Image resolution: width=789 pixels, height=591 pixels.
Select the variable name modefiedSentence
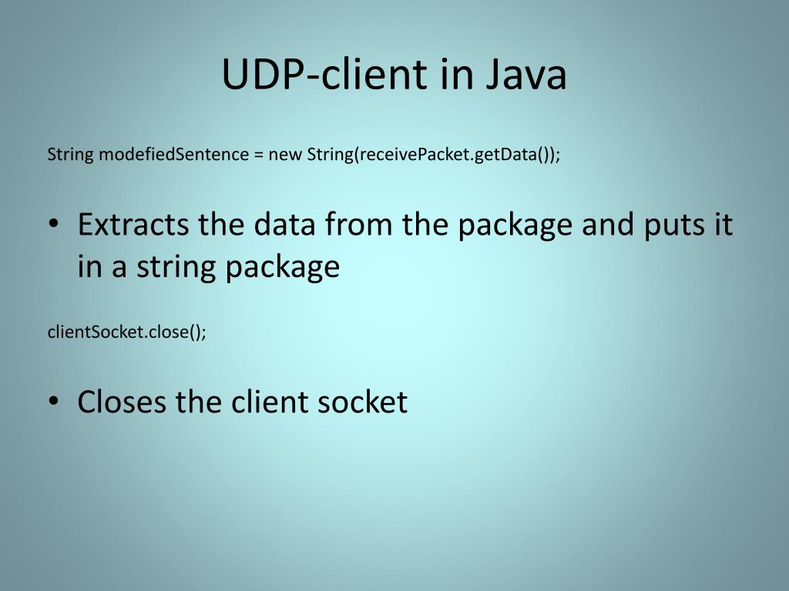(171, 154)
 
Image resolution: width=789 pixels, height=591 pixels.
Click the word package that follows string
(281, 267)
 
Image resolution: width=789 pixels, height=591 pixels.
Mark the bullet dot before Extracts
(52, 225)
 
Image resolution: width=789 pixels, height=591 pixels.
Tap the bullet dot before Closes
(52, 402)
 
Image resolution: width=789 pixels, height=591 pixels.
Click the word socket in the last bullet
(363, 402)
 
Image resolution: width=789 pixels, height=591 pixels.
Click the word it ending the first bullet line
(721, 225)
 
